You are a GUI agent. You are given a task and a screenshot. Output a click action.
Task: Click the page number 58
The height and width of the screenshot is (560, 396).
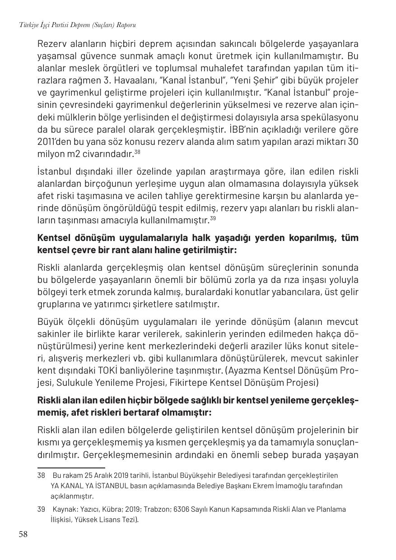coord(23,535)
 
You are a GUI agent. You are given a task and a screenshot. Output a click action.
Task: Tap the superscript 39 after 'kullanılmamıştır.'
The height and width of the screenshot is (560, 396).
coord(213,218)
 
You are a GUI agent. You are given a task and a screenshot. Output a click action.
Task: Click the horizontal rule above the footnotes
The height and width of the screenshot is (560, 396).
coord(71,468)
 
